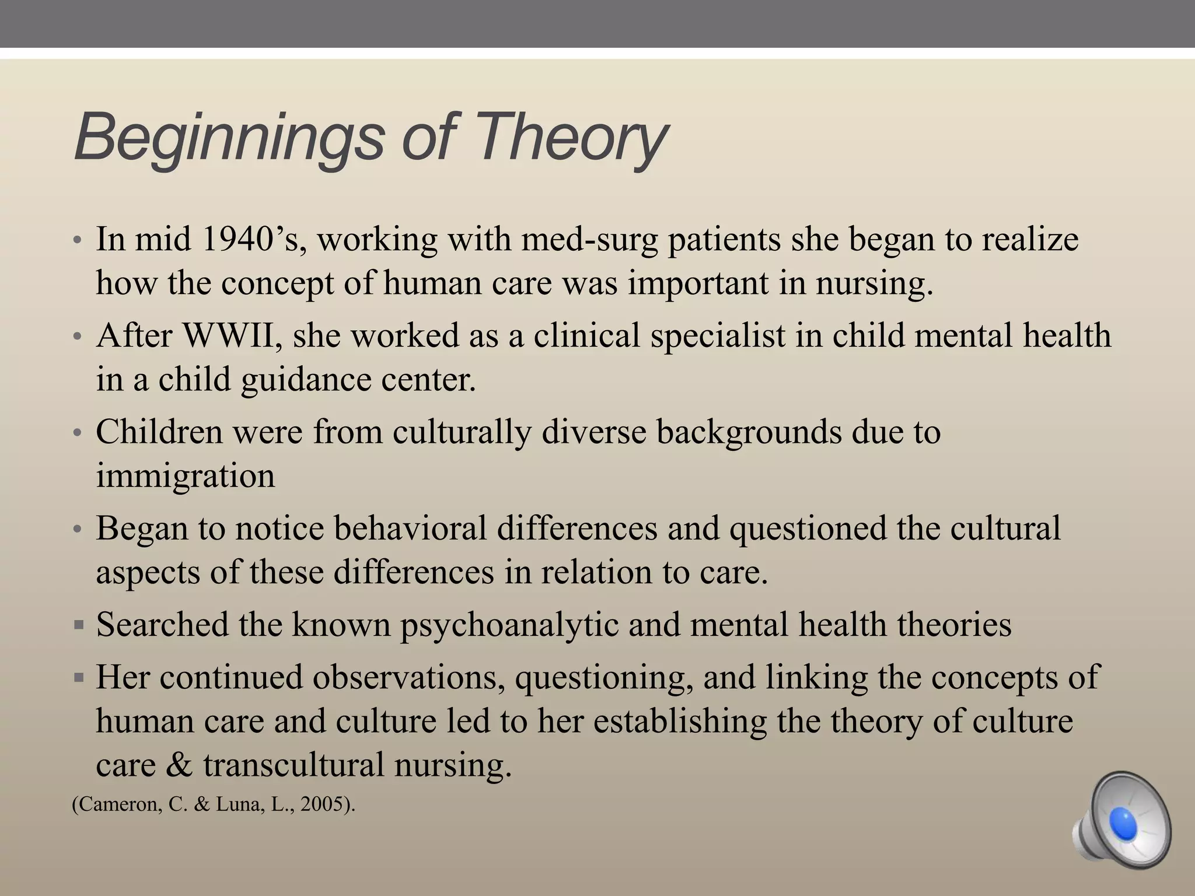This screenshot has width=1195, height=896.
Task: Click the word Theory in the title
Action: [x=572, y=139]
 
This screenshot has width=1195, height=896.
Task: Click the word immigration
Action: [x=185, y=475]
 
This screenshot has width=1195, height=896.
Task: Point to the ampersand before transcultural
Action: [x=179, y=764]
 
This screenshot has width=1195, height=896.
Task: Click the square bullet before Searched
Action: [x=79, y=625]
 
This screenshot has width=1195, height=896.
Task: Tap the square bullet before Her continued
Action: [x=79, y=678]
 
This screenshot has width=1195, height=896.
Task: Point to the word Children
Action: [x=159, y=432]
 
